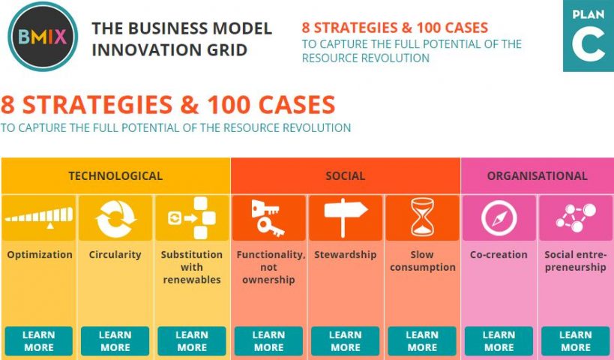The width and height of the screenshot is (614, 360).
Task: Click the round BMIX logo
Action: [x=43, y=37]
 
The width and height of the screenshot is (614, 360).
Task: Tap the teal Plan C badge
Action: [x=589, y=36]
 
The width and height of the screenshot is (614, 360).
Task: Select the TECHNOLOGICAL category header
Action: [x=116, y=176]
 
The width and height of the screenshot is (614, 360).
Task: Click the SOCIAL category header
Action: [x=346, y=176]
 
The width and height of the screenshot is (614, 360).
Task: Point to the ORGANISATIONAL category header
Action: [x=538, y=176]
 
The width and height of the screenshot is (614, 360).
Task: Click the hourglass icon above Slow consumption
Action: [x=422, y=217]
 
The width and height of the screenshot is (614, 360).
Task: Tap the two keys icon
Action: [x=267, y=217]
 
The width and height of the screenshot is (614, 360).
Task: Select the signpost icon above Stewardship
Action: [x=346, y=217]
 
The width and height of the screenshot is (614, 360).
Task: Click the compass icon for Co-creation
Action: [x=499, y=217]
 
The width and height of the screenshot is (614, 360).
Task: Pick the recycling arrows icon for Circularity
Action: [x=115, y=218]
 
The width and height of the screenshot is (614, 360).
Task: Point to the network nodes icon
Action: [x=576, y=217]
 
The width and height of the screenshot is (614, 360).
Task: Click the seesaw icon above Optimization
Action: [x=39, y=217]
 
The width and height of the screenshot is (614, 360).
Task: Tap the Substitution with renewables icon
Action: [x=192, y=217]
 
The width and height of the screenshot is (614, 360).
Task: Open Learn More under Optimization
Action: [x=39, y=340]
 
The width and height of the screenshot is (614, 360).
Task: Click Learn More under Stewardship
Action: [x=346, y=340]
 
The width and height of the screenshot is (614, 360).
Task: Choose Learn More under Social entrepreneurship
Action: [x=576, y=340]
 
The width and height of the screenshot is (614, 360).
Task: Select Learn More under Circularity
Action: [x=115, y=340]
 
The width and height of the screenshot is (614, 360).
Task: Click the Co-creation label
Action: [x=499, y=254]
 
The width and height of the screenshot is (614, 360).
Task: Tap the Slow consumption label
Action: [x=423, y=261]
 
